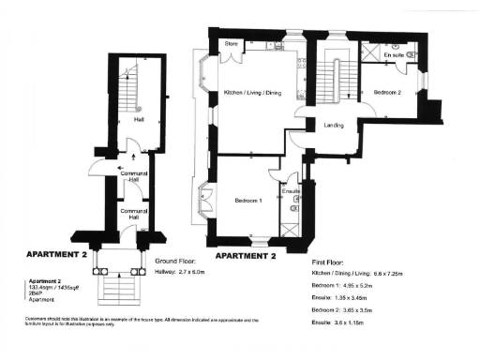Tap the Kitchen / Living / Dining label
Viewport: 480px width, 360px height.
tap(252, 92)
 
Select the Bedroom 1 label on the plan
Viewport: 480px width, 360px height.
tap(247, 200)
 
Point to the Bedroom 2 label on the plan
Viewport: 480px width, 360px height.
tap(387, 93)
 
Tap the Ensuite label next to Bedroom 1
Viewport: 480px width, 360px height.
tap(292, 191)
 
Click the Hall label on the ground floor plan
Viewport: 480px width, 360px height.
tap(139, 120)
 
